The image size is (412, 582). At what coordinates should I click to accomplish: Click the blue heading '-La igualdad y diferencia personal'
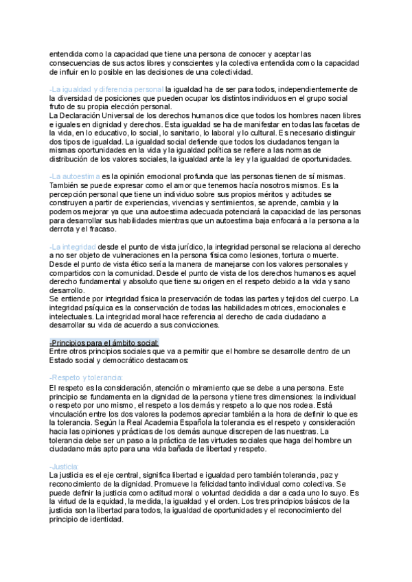point(106,89)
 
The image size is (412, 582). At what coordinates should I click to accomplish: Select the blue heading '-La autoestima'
point(75,176)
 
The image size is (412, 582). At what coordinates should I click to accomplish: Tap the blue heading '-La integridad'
point(73,246)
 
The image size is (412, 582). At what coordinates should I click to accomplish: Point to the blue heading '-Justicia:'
point(65,466)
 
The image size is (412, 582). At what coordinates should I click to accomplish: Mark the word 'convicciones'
point(196,325)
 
